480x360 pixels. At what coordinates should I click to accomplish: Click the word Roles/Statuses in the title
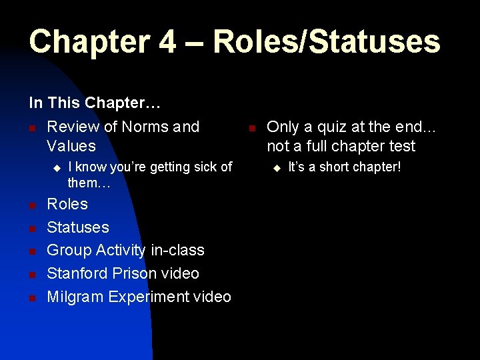327,41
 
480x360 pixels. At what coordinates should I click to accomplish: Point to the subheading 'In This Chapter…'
96,103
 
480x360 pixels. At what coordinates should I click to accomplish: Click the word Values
71,146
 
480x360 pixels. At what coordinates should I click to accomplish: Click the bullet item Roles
67,204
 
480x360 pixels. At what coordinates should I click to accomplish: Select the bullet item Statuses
78,227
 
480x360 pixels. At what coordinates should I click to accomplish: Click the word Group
69,251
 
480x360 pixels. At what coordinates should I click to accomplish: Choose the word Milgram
74,297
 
